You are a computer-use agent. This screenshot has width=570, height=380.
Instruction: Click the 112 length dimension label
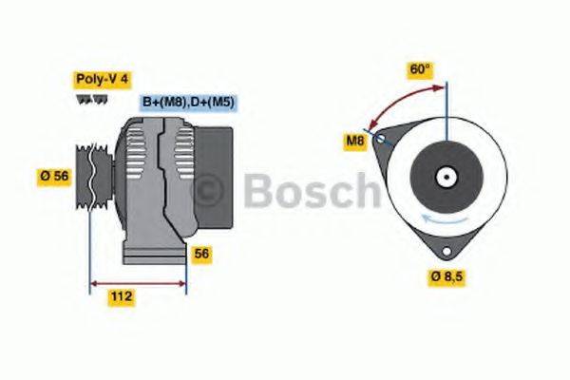[x=120, y=296]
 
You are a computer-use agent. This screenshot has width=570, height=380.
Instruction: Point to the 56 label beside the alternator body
[x=201, y=254]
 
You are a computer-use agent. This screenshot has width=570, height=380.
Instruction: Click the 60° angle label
[x=419, y=68]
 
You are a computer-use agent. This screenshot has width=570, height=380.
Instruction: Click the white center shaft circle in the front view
[x=445, y=177]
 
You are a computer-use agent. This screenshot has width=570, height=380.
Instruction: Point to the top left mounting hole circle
[x=382, y=139]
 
